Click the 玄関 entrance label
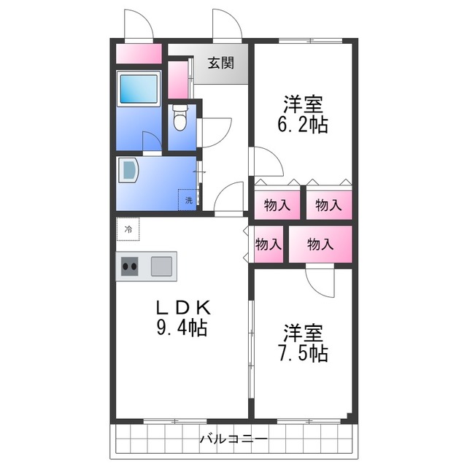(220, 63)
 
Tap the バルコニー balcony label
(233, 439)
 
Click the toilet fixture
(180, 117)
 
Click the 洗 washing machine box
(188, 199)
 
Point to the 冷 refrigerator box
(128, 229)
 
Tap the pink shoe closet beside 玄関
(177, 80)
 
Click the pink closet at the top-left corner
(139, 54)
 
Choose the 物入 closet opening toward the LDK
(268, 244)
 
